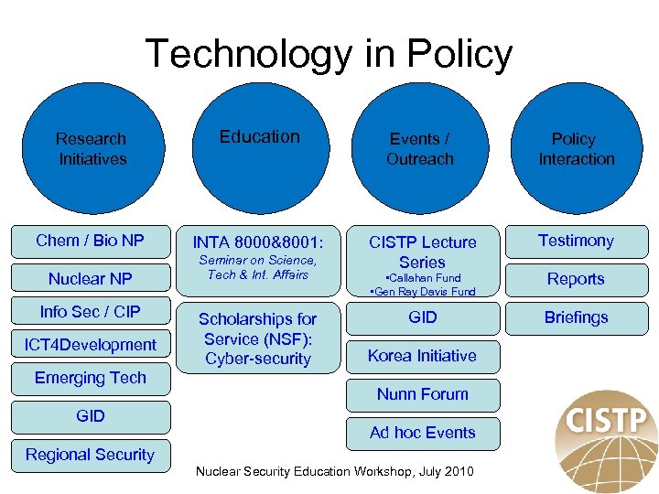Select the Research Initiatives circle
(x=91, y=149)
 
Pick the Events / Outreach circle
(x=420, y=149)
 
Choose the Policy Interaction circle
(x=575, y=149)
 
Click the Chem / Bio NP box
(x=91, y=241)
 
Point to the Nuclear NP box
(x=91, y=279)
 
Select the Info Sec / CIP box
(x=91, y=312)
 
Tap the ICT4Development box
(x=91, y=345)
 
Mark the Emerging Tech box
(x=91, y=378)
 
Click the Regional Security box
(x=91, y=455)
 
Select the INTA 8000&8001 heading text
(x=259, y=243)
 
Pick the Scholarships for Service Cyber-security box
(x=258, y=338)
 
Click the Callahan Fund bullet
(x=422, y=278)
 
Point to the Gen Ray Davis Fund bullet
(x=422, y=292)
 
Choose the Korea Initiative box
(x=422, y=356)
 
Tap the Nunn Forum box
(x=422, y=394)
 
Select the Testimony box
(x=576, y=241)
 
